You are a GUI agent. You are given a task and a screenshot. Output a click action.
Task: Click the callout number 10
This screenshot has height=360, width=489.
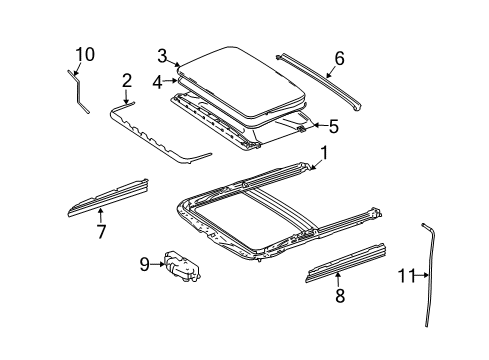[85, 54]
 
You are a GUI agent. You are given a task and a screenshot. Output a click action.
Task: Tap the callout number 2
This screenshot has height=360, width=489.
[127, 81]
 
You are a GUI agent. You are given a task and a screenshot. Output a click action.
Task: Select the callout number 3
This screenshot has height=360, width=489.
[162, 56]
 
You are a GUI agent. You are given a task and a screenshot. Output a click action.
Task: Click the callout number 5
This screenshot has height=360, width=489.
[334, 126]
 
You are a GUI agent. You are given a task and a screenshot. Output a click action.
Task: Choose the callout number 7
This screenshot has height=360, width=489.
[101, 231]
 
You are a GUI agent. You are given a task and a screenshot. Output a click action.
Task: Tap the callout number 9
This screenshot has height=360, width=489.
[145, 265]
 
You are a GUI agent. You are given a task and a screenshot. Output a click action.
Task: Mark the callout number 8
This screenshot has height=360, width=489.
[340, 296]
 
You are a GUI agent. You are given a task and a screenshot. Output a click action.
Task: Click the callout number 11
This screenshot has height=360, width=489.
[406, 276]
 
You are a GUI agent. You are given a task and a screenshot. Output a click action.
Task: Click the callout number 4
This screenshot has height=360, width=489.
[158, 82]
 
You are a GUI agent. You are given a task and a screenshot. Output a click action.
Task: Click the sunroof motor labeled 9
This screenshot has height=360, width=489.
[183, 267]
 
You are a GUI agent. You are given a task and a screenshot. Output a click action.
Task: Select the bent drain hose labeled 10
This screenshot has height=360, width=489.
[78, 90]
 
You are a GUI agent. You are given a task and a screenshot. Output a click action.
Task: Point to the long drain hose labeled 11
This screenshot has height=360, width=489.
[430, 273]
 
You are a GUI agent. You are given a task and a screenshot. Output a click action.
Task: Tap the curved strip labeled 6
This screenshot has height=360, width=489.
[319, 81]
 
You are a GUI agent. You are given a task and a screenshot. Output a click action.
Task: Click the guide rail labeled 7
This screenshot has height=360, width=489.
[108, 198]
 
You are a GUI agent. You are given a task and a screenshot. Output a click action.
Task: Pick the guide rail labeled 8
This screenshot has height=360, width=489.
[346, 263]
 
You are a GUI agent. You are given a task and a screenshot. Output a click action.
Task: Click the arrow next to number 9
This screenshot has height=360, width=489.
[157, 264]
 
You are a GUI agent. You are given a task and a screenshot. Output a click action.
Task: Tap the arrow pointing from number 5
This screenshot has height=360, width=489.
[320, 125]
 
